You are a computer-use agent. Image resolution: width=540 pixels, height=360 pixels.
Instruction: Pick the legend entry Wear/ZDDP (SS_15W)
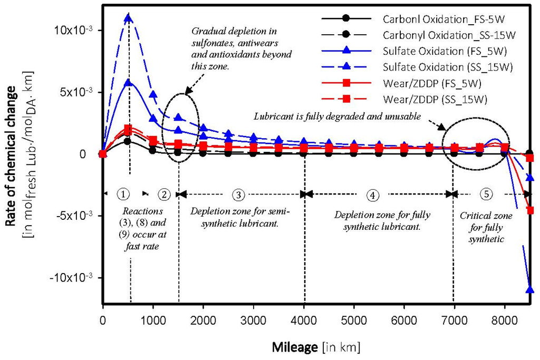(435, 99)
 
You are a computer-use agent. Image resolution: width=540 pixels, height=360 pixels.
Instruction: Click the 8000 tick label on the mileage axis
(505, 322)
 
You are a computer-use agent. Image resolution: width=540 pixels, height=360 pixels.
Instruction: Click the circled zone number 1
(123, 194)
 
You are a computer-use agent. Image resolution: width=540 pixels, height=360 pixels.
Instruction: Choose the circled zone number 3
(239, 194)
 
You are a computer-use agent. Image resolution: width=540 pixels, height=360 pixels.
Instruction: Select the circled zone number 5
(486, 194)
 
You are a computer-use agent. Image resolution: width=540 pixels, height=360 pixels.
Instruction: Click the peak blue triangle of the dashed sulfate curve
(128, 18)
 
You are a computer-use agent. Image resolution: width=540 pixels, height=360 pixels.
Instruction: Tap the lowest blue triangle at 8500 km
(529, 289)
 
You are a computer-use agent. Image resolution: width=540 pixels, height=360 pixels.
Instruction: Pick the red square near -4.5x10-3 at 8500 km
(529, 210)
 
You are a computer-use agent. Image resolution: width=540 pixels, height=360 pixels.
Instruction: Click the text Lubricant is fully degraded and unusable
(337, 116)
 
